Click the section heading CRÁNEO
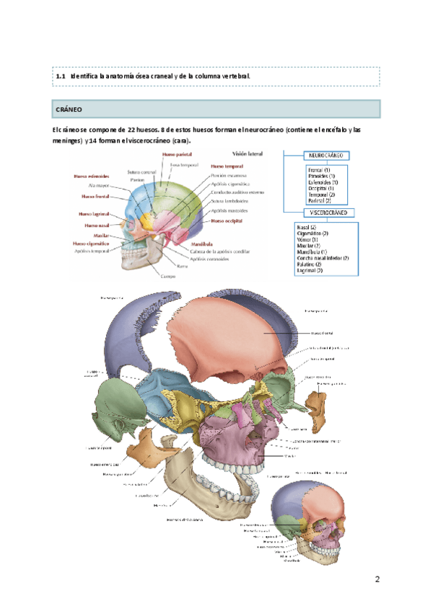coord(69,110)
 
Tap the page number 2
coord(377,580)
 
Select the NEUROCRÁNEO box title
coord(328,156)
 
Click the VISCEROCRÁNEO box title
coord(328,214)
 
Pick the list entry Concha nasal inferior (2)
coord(323,258)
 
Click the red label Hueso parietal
coord(176,153)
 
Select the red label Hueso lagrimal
coord(95,214)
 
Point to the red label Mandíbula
coord(205,244)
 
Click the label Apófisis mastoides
coord(231,210)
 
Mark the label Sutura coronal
coord(142,171)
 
